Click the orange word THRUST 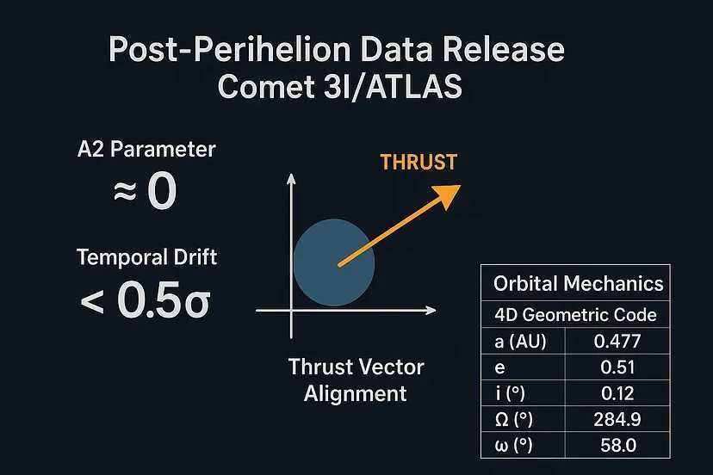coord(418,163)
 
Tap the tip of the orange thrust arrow coord(461,186)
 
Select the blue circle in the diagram coord(334,262)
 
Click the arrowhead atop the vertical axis coord(291,178)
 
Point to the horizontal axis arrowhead coord(431,311)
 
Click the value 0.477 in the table coord(617,341)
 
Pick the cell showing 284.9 coord(617,419)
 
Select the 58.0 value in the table coord(618,445)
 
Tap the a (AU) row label coord(520,342)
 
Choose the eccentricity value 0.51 coord(617,367)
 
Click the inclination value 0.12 coord(617,393)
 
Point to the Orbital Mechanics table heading coord(578,283)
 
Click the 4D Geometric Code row coord(575,315)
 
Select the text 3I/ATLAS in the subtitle coord(393,86)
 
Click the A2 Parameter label coord(146,149)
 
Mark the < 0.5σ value coord(145,299)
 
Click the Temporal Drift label coord(146,256)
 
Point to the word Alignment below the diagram coord(355,393)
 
